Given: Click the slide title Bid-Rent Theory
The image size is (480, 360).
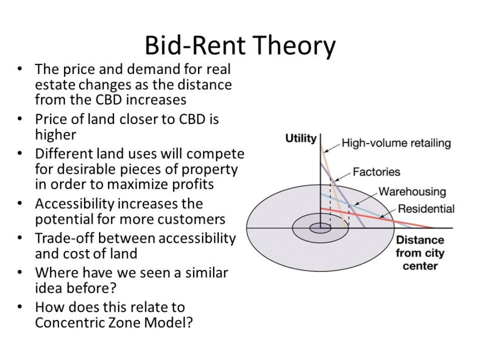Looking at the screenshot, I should [240, 45].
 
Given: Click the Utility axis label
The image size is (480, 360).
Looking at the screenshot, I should [300, 138].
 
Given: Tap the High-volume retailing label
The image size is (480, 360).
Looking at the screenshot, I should [395, 143].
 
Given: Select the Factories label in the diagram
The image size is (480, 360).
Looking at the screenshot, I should [376, 172].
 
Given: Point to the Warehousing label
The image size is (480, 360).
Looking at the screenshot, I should [412, 191].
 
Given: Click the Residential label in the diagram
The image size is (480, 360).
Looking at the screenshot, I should [426, 209].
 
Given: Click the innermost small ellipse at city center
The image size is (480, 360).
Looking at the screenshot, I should [320, 228].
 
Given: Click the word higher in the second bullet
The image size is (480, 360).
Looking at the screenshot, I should [55, 135].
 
